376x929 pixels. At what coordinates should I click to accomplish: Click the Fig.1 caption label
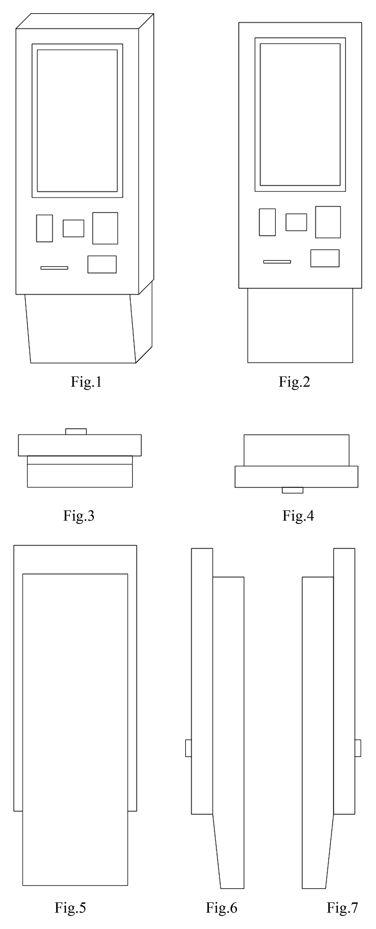coord(86,382)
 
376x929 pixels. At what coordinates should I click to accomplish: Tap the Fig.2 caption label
coord(294,382)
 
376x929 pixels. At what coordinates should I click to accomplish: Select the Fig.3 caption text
coord(79,515)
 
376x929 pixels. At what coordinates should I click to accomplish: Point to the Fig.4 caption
coord(298,515)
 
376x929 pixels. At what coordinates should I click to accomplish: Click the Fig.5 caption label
coord(70,907)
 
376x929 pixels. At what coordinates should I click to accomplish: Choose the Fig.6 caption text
coord(221,907)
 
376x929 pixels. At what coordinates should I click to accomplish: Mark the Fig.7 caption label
coord(342,907)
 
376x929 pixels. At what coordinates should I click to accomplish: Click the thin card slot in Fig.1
coord(54,268)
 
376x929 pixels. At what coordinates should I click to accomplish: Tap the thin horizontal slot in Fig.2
coord(277,262)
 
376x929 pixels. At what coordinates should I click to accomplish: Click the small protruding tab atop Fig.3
coord(76,432)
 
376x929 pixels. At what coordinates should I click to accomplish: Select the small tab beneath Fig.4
coord(293,490)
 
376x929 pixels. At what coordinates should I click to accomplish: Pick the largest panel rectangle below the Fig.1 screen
coord(105,228)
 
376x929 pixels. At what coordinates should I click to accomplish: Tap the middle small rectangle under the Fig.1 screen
coord(73,228)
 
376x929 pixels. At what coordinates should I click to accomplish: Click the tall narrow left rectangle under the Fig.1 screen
coord(44,228)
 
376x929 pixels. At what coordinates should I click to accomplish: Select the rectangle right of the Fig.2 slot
coord(325,258)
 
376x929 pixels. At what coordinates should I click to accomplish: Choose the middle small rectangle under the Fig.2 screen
coord(296,222)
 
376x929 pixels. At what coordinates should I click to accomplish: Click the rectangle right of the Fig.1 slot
coord(102,264)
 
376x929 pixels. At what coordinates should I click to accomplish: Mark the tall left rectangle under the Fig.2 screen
coord(267,222)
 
